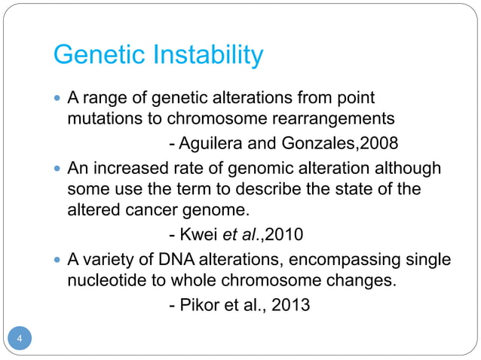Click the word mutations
click(x=106, y=119)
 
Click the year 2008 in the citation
click(x=380, y=144)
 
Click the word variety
click(x=109, y=261)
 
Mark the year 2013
click(x=291, y=307)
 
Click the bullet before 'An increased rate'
click(x=57, y=169)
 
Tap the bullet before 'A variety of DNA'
click(x=57, y=261)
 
